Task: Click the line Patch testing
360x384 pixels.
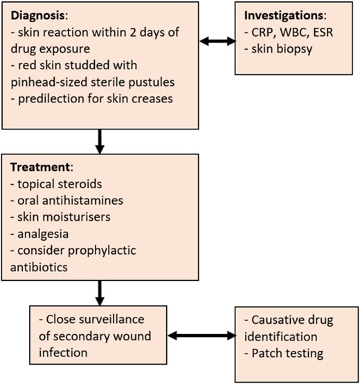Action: (x=285, y=354)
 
